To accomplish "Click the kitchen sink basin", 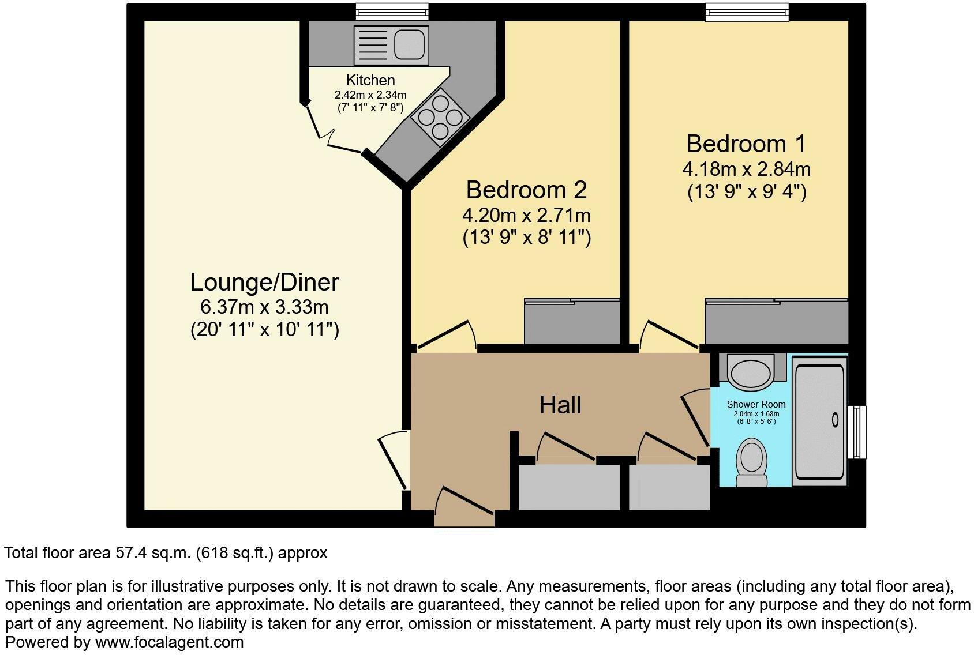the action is (x=409, y=45).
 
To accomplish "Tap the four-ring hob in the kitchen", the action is (x=440, y=117).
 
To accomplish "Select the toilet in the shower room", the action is (x=751, y=462).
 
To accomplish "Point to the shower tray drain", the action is (x=835, y=420).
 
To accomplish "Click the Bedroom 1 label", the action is (x=746, y=144).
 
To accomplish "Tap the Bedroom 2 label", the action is (x=527, y=190).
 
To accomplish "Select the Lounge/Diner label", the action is (x=264, y=283).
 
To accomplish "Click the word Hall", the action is (x=560, y=405).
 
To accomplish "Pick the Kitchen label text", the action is (x=370, y=80).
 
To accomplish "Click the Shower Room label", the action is (x=756, y=404).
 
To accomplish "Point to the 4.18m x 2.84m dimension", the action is (x=746, y=169).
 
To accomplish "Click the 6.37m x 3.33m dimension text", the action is (x=264, y=307).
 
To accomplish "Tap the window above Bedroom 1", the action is (x=747, y=12).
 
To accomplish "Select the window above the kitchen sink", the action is (x=392, y=12).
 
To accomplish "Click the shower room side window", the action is (x=857, y=432).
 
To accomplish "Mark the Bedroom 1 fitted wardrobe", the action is (x=777, y=321).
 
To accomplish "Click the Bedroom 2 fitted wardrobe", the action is (x=572, y=321).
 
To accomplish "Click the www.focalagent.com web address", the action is (x=169, y=642).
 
